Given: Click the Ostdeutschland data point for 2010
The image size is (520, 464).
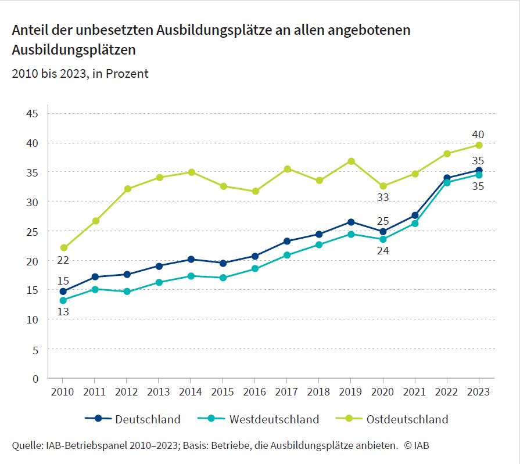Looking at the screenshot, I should click(64, 248).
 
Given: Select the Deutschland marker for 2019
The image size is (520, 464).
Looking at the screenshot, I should click(351, 222).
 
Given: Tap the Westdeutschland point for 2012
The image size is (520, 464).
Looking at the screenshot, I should click(128, 292).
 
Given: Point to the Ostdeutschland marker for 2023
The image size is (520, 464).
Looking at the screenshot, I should click(479, 145).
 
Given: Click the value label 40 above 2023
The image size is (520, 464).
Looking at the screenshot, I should click(478, 135).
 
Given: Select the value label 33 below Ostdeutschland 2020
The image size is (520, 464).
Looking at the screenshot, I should click(382, 197).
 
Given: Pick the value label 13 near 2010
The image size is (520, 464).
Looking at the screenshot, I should click(63, 312).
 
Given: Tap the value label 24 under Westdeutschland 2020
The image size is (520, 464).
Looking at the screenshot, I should click(382, 251).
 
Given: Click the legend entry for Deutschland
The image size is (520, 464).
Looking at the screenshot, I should click(133, 419).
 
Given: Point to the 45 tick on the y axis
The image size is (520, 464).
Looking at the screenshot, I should click(32, 113).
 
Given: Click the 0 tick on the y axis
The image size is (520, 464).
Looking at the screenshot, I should click(35, 379).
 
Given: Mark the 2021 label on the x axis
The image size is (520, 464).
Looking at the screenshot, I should click(414, 392).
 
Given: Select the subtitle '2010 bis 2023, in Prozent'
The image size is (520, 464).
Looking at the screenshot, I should click(80, 74).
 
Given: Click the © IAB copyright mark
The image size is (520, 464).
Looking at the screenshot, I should click(417, 445).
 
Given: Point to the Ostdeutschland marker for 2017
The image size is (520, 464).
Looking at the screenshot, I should click(287, 169).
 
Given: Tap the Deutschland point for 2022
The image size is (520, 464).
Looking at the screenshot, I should click(447, 178).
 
